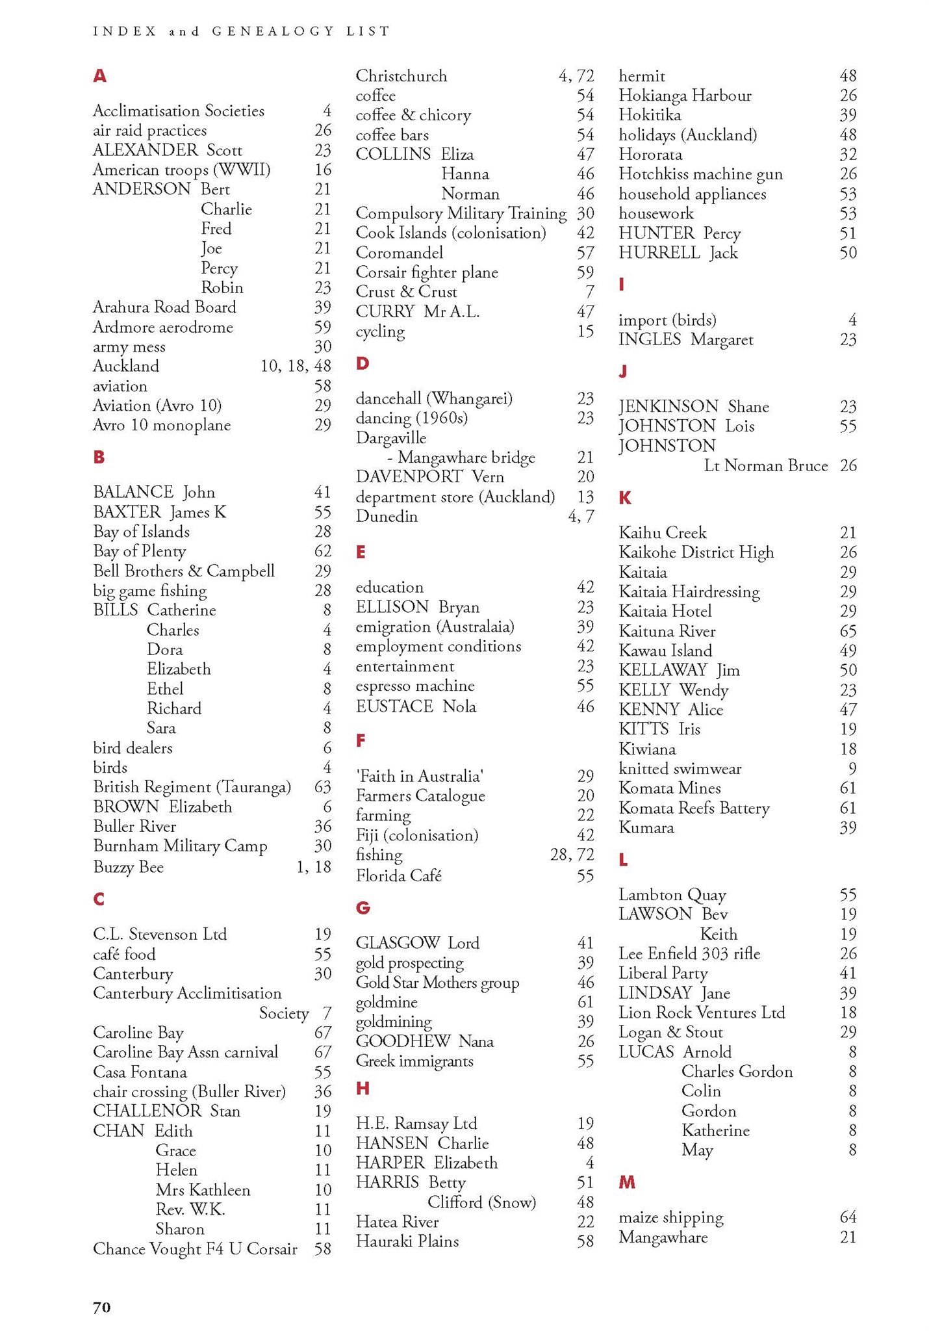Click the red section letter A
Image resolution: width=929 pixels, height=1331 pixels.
point(99,76)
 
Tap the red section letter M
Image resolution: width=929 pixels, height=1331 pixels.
point(627,1182)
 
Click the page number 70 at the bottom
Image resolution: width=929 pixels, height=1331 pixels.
point(102,1307)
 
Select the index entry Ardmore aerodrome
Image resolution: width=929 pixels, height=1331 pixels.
point(162,327)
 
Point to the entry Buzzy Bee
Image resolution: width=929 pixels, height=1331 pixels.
point(128,867)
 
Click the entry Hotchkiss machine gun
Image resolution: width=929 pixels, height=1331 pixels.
point(700,174)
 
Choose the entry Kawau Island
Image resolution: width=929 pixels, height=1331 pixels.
point(665,651)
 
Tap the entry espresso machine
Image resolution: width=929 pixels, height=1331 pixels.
point(415,686)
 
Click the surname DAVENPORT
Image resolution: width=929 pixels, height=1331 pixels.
point(409,477)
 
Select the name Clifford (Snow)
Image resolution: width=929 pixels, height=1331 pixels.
point(481,1202)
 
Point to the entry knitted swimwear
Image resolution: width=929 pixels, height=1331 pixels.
point(680,768)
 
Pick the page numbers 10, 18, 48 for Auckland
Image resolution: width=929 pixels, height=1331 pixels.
point(296,366)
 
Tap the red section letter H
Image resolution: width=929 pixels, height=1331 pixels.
point(363,1089)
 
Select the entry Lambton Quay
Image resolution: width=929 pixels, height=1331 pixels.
point(672,895)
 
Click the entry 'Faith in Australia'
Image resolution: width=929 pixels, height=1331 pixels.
point(419,776)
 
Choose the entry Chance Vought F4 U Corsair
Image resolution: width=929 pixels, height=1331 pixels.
point(195,1248)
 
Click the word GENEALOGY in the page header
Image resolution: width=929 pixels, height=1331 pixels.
point(273,31)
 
